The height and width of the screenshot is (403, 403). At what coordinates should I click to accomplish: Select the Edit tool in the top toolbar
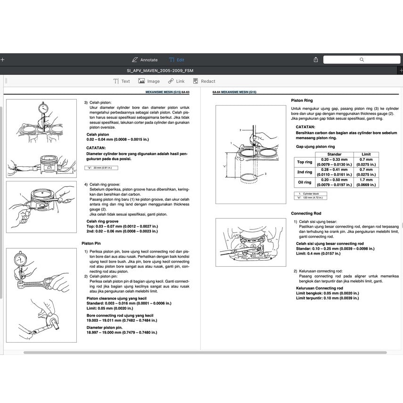click(x=177, y=60)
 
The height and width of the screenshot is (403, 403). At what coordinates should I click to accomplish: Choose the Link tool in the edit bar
click(x=176, y=81)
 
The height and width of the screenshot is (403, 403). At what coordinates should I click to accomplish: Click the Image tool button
click(x=149, y=81)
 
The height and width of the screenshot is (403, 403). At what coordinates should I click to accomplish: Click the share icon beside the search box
click(x=316, y=60)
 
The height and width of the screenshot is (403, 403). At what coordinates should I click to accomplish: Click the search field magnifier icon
click(x=362, y=60)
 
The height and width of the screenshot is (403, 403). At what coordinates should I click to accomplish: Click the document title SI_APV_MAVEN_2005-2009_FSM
click(x=160, y=70)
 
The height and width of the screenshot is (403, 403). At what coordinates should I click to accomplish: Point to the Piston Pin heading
click(x=91, y=243)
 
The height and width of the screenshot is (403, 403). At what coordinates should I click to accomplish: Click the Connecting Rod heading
click(x=306, y=214)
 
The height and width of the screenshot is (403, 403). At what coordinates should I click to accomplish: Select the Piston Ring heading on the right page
click(x=302, y=100)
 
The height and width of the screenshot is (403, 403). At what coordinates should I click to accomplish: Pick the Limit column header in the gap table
click(x=366, y=154)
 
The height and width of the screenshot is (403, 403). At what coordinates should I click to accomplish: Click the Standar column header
click(x=334, y=154)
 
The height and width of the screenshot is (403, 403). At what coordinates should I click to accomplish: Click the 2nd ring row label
click(x=304, y=172)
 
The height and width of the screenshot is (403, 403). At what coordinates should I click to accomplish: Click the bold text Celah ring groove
click(x=102, y=221)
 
